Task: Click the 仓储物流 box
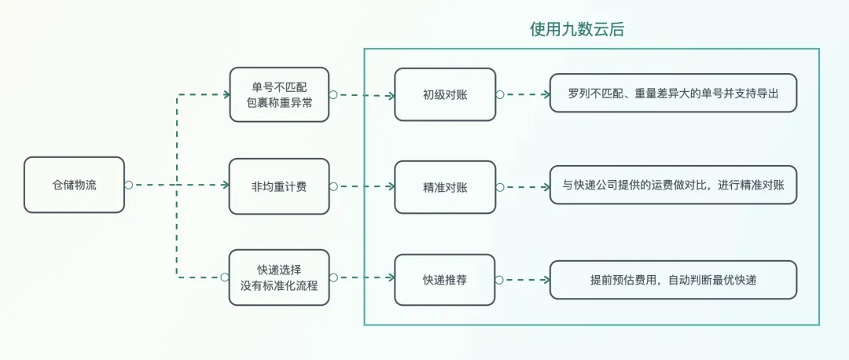point(74,185)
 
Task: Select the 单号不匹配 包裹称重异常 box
point(279,94)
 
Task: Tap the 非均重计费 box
point(279,186)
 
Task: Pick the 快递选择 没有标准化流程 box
point(279,277)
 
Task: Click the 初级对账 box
point(445,94)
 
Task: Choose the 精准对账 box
point(445,187)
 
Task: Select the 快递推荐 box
point(445,279)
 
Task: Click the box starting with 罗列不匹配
point(673,94)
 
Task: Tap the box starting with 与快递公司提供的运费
point(673,186)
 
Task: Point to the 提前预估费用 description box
point(673,280)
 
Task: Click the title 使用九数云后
point(577,29)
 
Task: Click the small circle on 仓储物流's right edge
point(127,185)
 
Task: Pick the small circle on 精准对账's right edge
point(498,187)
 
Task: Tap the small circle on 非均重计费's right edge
point(333,186)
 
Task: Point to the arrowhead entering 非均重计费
point(223,186)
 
